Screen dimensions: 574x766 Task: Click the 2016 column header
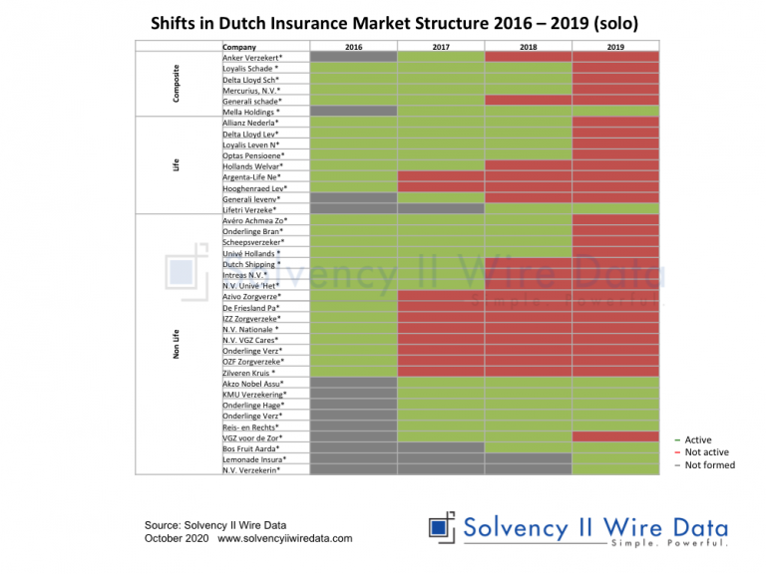coord(353,47)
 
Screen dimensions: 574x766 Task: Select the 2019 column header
coord(615,47)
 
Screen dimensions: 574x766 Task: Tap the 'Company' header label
coord(239,47)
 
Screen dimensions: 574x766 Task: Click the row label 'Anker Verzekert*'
coord(251,58)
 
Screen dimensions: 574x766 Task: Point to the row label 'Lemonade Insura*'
coord(254,459)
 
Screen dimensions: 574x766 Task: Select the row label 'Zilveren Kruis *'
coord(249,373)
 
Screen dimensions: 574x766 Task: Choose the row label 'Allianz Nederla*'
coord(253,123)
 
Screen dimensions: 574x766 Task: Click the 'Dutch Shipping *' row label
coord(251,264)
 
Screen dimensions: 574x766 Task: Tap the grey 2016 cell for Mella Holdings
coord(353,112)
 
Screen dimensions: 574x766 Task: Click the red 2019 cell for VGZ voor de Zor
coord(615,437)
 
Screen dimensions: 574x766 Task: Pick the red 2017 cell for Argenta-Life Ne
coord(441,176)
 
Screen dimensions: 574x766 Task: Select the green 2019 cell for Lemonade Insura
coord(615,459)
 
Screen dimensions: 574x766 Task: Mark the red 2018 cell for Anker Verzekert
coord(528,58)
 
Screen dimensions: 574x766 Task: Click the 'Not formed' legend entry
coord(709,465)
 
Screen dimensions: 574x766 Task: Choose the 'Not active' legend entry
coord(706,452)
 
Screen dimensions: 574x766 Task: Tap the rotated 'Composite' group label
coord(177,80)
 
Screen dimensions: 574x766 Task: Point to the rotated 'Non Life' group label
coord(177,344)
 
